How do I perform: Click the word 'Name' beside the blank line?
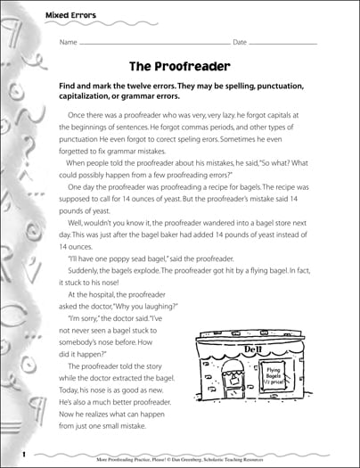click(x=69, y=42)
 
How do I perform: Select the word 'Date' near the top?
click(x=241, y=42)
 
